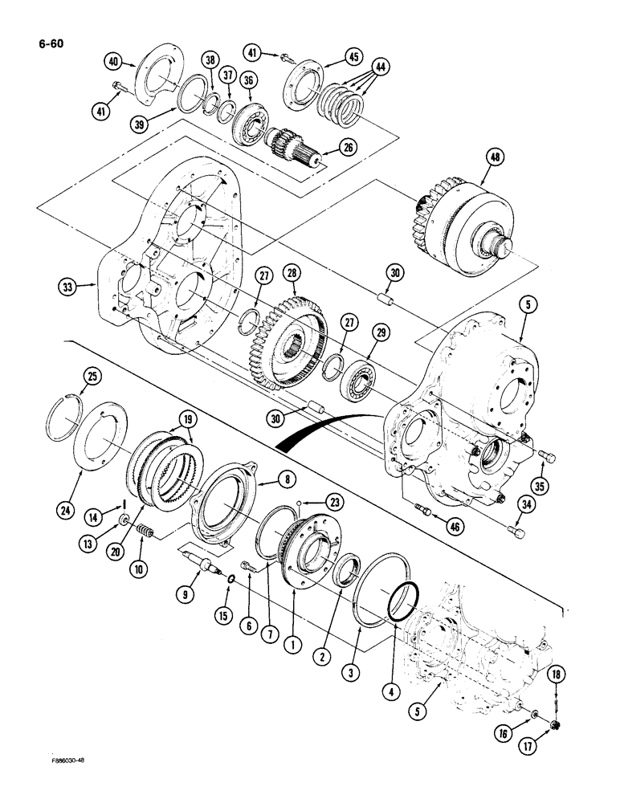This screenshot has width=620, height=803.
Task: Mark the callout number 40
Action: pos(113,61)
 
